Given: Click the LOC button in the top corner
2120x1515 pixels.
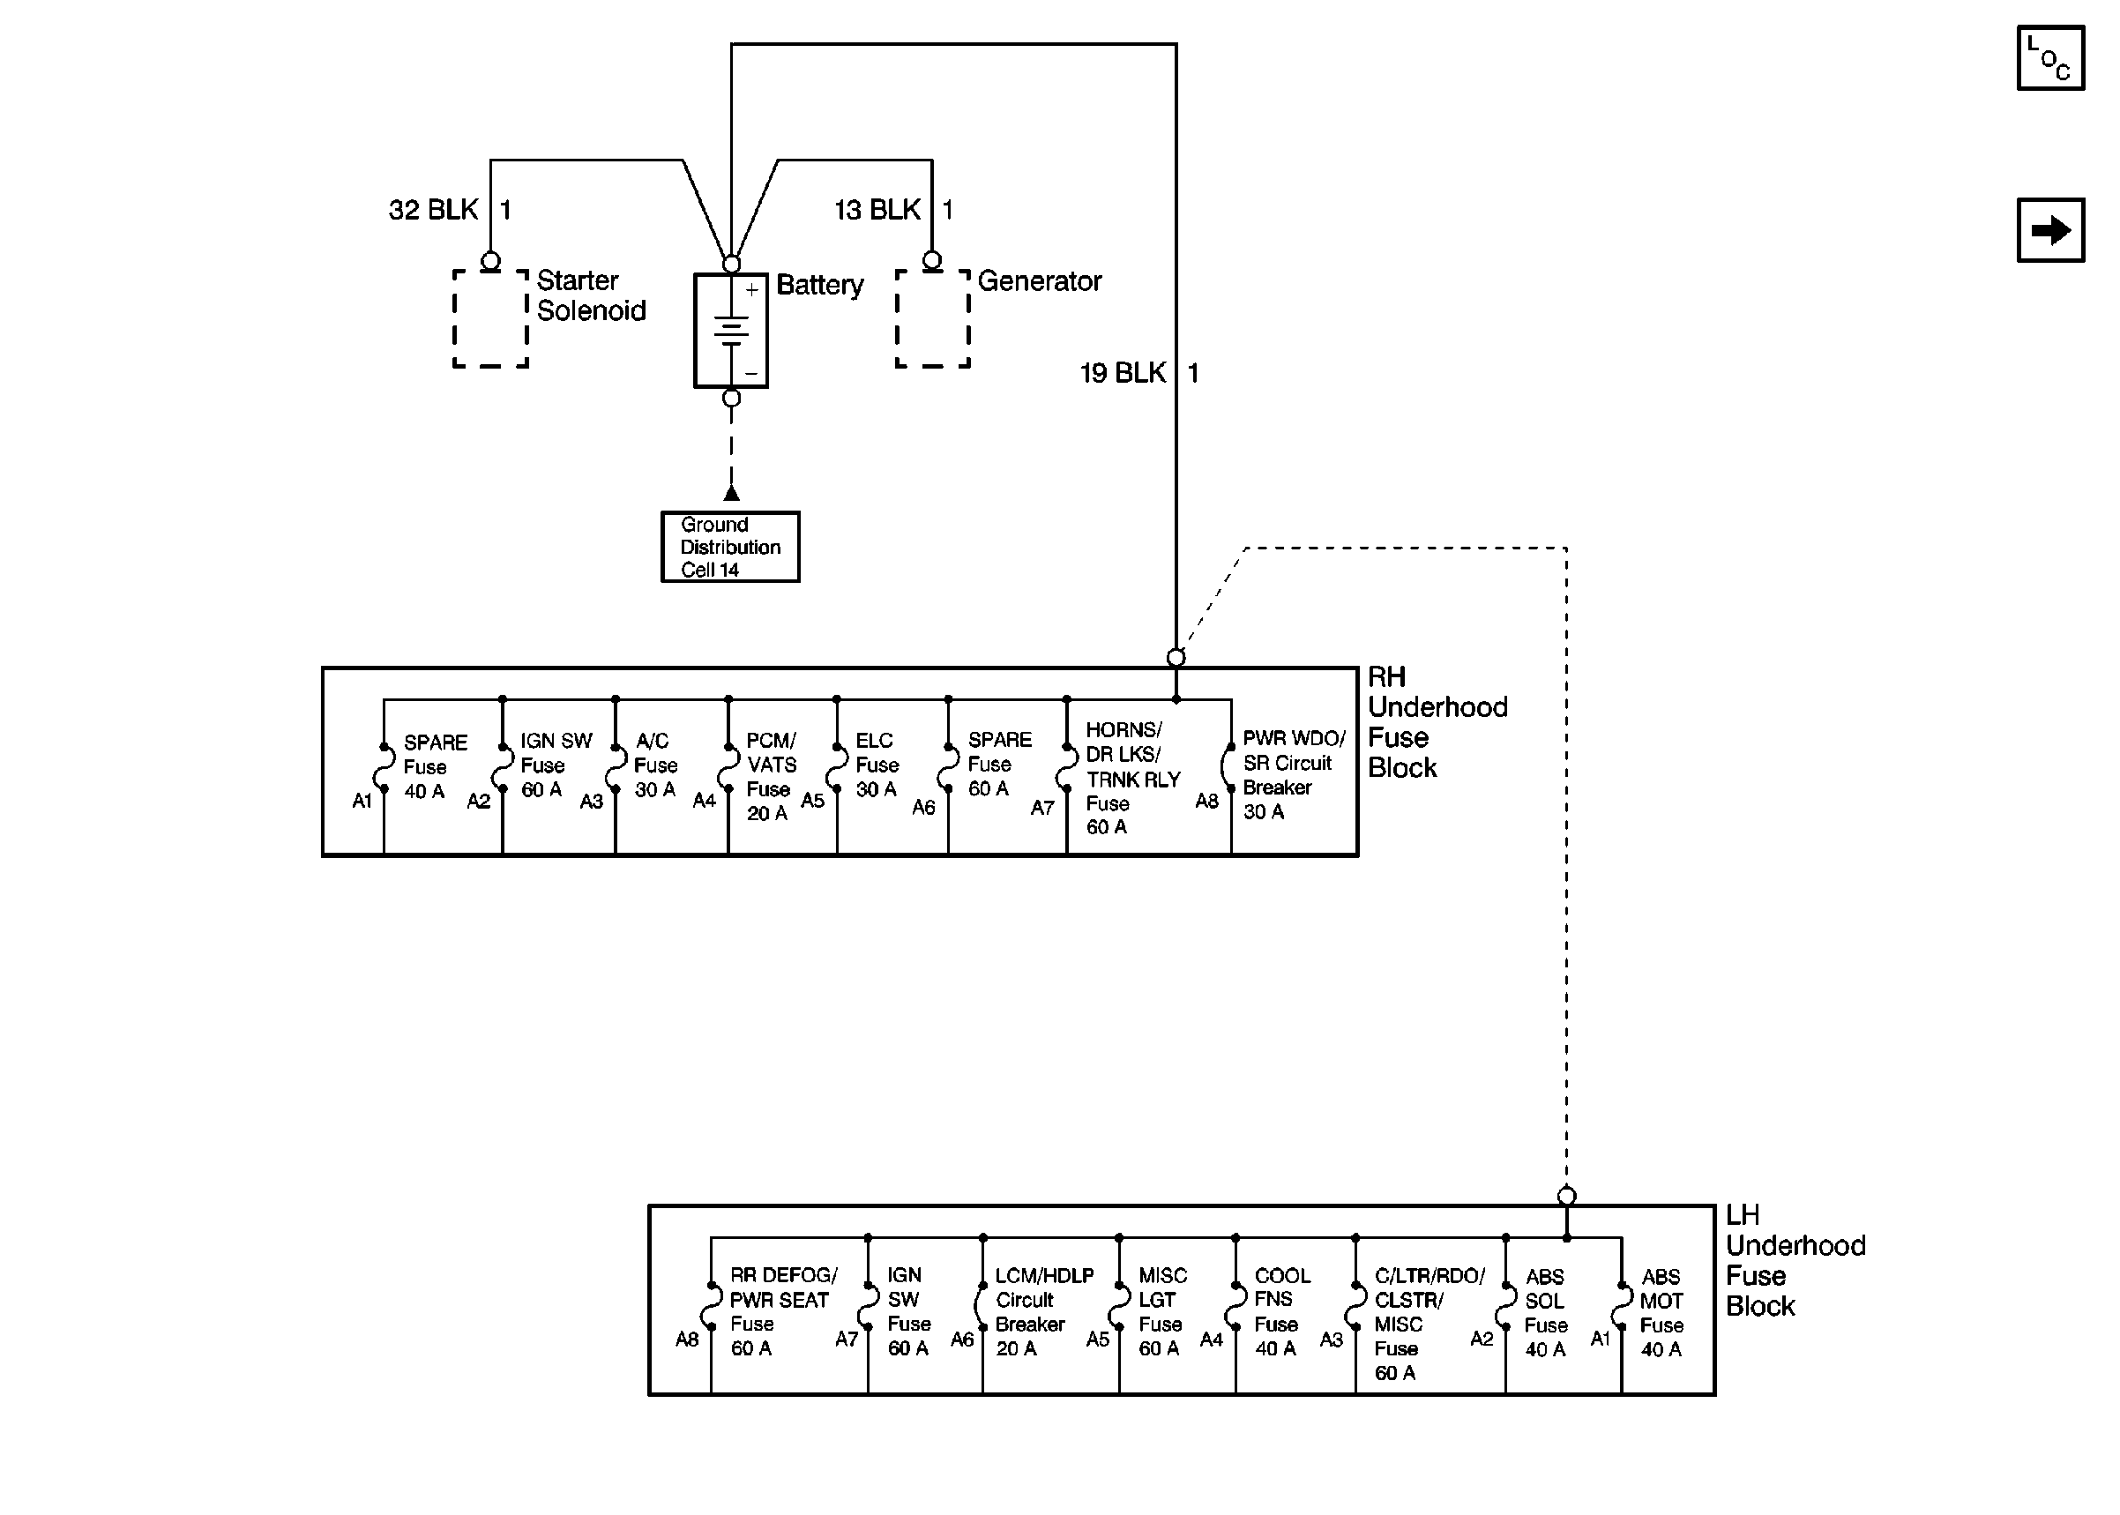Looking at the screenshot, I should point(2049,58).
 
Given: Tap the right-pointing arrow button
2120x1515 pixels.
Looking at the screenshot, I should point(2049,229).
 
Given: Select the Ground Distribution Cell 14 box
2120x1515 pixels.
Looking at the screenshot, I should point(729,547).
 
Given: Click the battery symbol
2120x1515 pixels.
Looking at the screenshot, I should point(730,330).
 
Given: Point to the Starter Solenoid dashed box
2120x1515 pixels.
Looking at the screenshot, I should point(490,318).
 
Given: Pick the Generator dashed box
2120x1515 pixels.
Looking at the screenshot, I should point(932,318).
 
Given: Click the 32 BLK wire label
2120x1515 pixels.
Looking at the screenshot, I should point(434,210).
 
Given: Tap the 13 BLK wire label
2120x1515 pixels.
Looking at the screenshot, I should point(877,210).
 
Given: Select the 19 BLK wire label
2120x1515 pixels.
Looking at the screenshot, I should point(1122,373).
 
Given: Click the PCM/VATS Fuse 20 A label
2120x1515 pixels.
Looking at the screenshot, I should point(772,776).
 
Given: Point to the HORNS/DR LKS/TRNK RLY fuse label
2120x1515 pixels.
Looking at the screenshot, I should point(1131,778).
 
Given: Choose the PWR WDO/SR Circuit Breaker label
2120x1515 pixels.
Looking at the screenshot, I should point(1293,774).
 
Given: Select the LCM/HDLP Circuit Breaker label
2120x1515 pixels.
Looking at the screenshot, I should point(1042,1310).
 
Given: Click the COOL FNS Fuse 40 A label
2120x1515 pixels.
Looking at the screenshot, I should point(1281,1310).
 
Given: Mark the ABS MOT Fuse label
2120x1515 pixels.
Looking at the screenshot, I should point(1661,1311).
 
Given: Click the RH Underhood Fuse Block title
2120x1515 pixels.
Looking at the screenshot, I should point(1436,722).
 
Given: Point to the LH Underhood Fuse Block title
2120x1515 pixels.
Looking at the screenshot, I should point(1794,1260).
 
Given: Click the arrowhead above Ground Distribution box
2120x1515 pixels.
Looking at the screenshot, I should point(731,493).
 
